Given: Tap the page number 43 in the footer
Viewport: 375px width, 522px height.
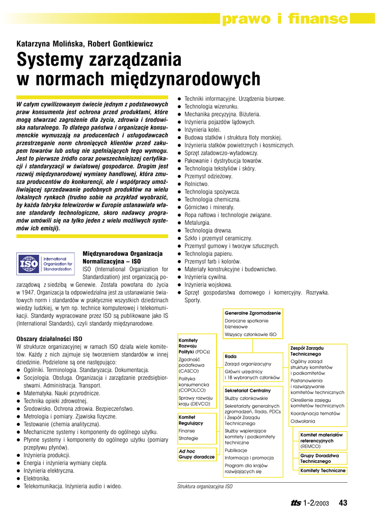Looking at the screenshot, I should coord(342,503).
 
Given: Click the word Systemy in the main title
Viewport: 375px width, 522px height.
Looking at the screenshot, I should coord(56,60).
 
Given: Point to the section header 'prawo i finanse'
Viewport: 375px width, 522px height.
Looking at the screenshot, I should coord(284,19).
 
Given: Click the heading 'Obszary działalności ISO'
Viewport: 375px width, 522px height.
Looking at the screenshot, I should coord(49,338).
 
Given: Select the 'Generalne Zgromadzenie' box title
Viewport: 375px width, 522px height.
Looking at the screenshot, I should coord(253,312).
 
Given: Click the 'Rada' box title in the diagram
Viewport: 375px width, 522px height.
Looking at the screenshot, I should coord(230,356).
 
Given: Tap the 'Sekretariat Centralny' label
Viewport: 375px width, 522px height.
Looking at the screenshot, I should coord(248,390).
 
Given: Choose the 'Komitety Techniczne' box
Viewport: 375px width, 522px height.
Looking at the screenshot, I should coord(323,471).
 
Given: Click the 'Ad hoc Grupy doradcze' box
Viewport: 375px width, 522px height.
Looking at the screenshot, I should coord(196,454).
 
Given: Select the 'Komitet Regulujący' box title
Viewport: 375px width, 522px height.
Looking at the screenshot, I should coord(191,420).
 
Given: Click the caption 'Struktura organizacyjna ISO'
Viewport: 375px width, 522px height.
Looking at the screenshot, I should coord(205,487).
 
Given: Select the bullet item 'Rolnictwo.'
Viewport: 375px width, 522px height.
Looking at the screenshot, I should coord(197,184).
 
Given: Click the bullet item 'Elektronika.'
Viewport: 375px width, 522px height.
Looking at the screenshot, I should coord(37,479).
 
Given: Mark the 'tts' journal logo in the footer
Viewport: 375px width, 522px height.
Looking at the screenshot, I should coord(296,503).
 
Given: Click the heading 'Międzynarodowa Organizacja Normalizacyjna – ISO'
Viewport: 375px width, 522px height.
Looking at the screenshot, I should coord(122,257).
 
